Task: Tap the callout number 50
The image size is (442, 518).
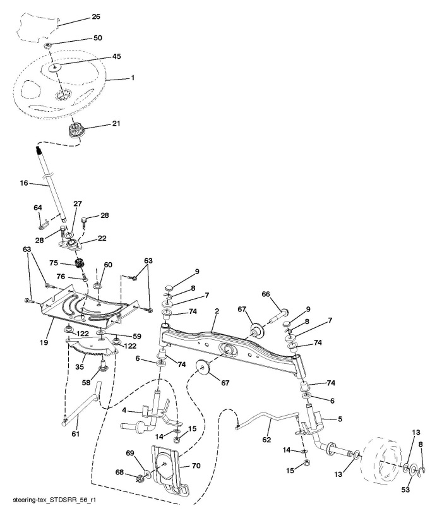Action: pos(97,38)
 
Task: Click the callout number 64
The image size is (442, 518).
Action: pos(38,207)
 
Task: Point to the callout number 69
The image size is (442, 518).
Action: pos(131,454)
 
